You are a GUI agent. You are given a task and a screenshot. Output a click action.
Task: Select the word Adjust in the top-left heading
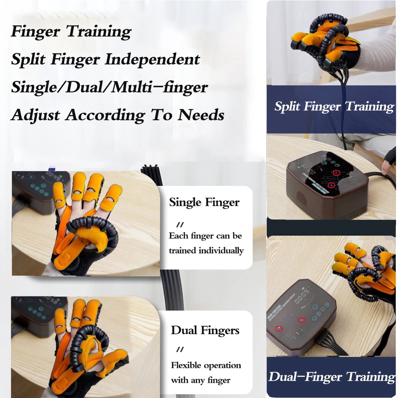click(35, 115)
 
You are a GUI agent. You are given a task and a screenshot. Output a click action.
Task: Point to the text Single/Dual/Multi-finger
click(109, 87)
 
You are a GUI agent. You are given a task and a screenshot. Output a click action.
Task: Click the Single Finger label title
click(204, 202)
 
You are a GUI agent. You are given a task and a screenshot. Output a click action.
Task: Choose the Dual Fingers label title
click(205, 330)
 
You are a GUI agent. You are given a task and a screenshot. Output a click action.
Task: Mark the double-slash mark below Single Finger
click(180, 225)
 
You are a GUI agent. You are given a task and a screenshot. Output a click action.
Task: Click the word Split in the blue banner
click(288, 106)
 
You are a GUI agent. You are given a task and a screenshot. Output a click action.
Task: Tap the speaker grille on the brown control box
click(302, 199)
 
